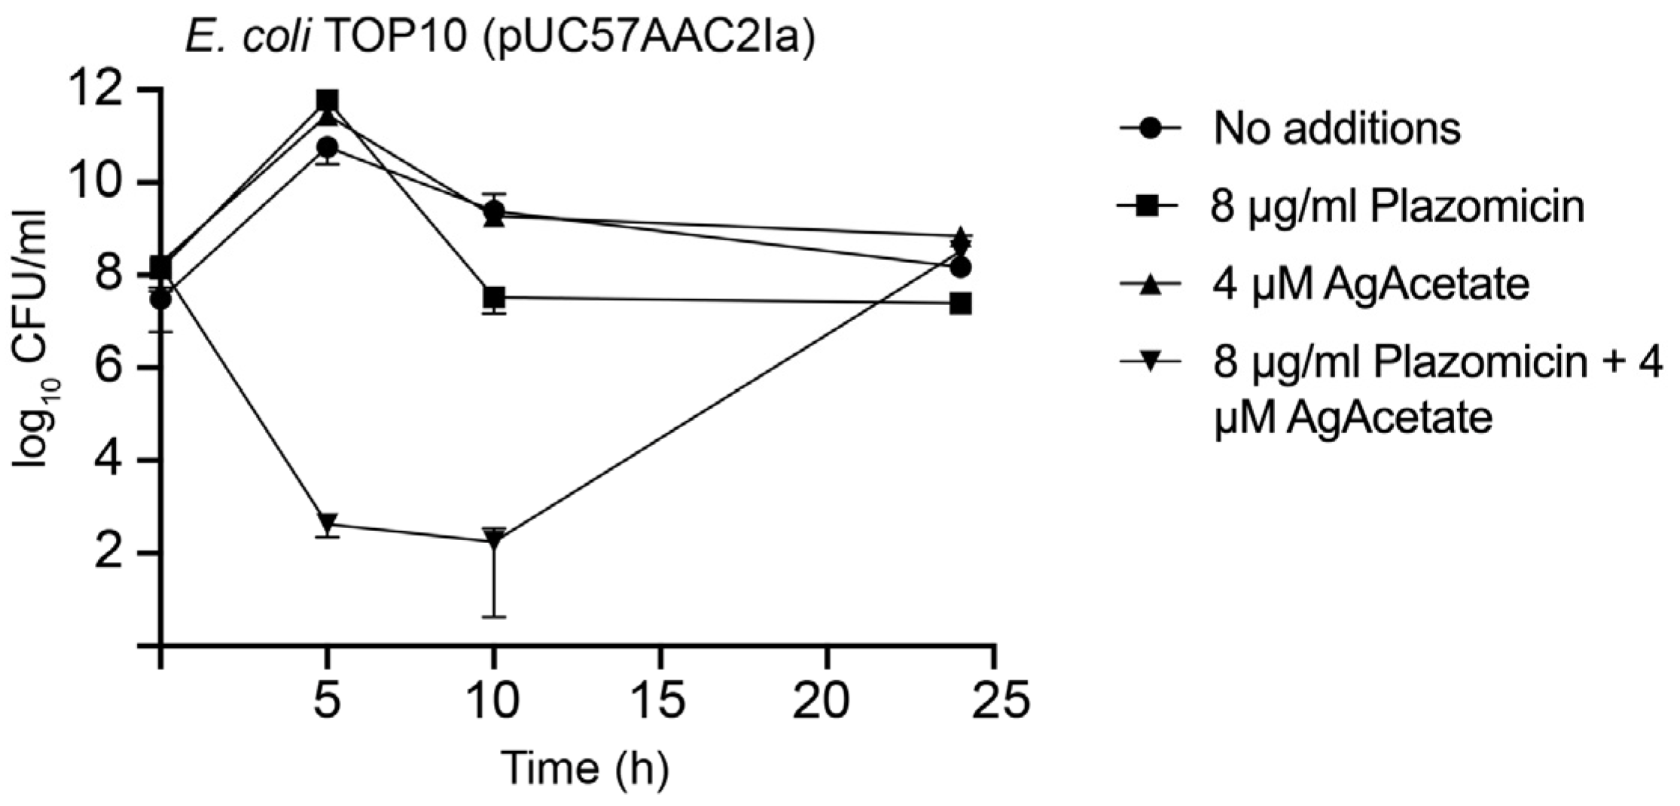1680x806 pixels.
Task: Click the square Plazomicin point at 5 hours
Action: click(327, 100)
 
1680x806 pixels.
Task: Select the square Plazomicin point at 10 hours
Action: click(494, 298)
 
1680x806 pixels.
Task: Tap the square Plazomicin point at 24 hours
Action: click(961, 304)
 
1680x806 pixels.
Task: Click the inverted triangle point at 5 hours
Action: click(327, 522)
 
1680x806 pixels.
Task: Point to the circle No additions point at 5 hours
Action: click(327, 147)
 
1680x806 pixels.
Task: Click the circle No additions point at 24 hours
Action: click(961, 267)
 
